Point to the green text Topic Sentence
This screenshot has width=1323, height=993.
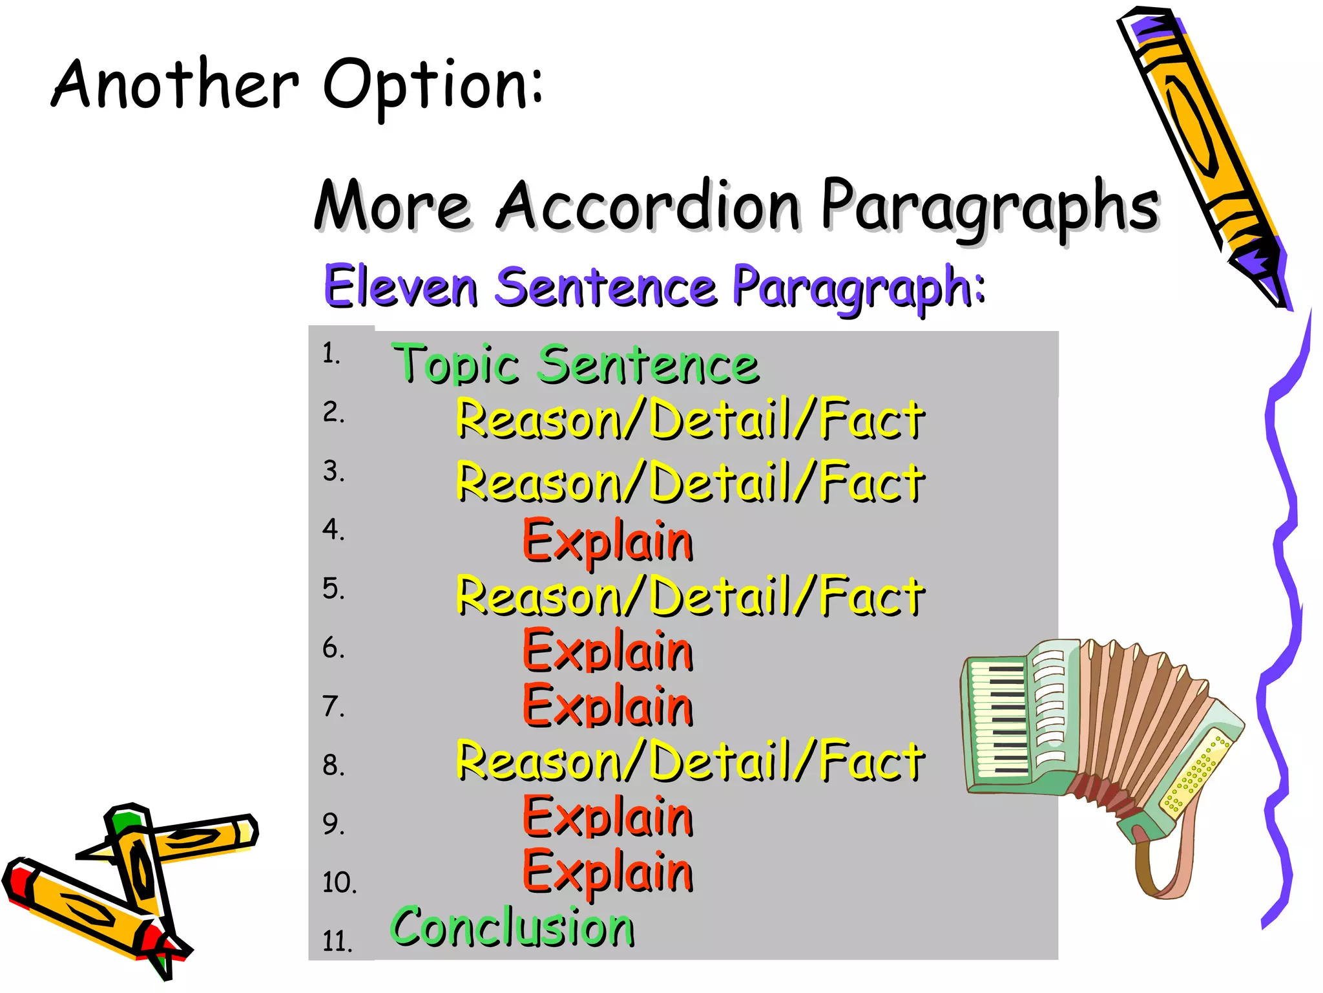[x=575, y=364]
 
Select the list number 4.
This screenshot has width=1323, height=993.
[x=333, y=529]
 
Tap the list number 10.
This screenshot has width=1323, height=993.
[x=339, y=882]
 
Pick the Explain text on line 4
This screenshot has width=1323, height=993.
[x=607, y=542]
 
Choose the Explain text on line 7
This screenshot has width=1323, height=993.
[x=607, y=707]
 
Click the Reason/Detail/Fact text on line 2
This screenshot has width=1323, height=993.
[x=690, y=420]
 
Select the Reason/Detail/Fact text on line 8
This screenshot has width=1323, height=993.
[x=690, y=762]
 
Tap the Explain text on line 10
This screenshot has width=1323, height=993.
[x=607, y=872]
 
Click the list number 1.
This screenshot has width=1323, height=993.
[x=331, y=353]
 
